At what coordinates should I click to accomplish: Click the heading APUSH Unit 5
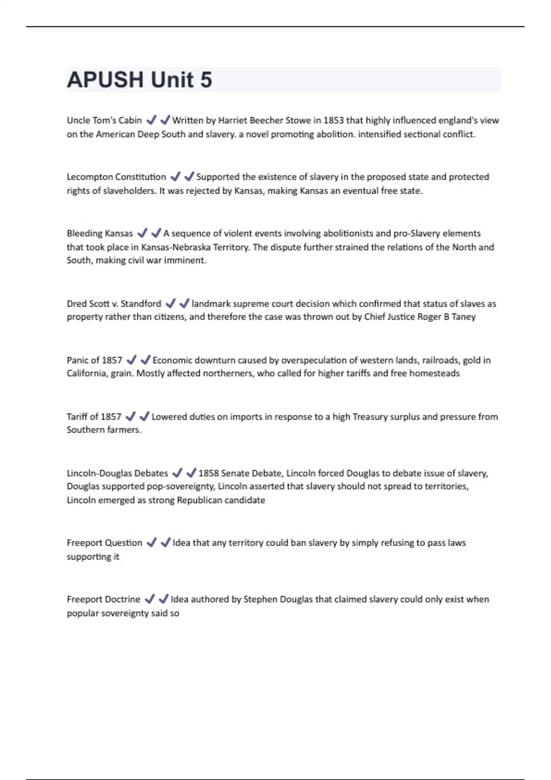pos(140,80)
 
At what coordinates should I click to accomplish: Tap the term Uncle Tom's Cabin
pos(104,121)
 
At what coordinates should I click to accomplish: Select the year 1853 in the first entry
pos(333,121)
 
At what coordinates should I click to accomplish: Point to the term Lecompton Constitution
pos(116,177)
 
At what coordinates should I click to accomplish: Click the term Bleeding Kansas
pos(100,234)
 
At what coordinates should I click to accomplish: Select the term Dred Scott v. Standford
pos(114,304)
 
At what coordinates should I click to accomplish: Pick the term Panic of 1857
pos(95,360)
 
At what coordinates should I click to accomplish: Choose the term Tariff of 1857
pos(94,417)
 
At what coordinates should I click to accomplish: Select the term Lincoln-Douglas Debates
pos(118,473)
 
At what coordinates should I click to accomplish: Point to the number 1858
pos(208,473)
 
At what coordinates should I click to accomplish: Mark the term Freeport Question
pos(104,543)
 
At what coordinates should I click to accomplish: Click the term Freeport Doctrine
pos(103,599)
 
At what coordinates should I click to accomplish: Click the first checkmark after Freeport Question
pos(152,543)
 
